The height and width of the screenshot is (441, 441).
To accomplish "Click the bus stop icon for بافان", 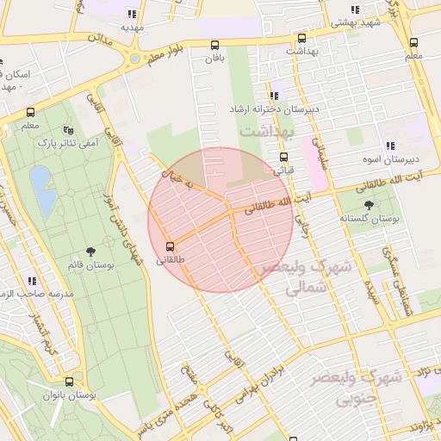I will [214, 45].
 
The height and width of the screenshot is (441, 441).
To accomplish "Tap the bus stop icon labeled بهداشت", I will [301, 39].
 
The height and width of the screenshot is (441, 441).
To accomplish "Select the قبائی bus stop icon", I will [283, 157].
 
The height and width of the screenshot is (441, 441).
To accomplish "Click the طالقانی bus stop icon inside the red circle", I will [170, 245].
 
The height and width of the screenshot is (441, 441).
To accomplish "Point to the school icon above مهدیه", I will [132, 14].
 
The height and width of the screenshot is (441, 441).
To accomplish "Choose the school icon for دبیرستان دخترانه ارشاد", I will [273, 96].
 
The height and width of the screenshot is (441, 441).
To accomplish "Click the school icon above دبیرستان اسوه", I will [389, 146].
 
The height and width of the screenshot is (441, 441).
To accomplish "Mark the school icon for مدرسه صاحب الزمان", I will [32, 281].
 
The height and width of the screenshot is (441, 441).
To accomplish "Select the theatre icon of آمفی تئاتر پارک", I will [68, 130].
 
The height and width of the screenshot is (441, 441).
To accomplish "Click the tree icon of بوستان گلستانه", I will [370, 204].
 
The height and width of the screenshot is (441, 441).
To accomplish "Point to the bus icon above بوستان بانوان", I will [69, 381].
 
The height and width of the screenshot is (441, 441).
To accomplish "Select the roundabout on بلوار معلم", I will [134, 59].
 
